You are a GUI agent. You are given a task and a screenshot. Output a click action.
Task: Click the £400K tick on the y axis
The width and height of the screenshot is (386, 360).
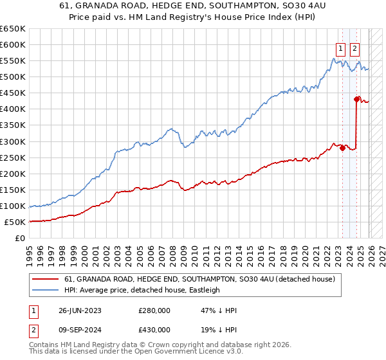tap(13, 109)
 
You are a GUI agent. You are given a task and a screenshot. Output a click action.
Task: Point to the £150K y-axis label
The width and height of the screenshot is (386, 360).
tap(13, 190)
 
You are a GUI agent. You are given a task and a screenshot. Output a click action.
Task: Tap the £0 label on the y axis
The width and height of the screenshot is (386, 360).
tap(20, 239)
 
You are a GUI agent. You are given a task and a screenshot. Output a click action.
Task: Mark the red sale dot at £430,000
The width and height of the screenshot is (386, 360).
tap(356, 99)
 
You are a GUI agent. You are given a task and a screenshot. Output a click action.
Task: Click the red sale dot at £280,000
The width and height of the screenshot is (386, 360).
tap(343, 148)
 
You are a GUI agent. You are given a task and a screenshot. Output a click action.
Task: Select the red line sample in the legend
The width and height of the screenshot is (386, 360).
tap(45, 280)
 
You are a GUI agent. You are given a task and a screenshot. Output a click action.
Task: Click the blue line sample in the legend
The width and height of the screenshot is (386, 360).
tap(45, 290)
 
